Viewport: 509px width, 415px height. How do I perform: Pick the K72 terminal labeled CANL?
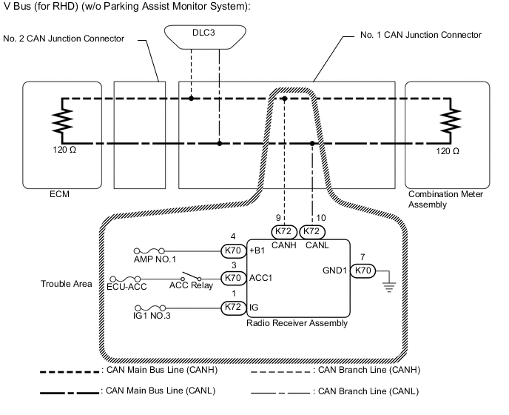(313, 230)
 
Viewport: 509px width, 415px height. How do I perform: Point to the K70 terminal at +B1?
(234, 250)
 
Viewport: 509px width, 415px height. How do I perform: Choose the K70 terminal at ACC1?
(234, 278)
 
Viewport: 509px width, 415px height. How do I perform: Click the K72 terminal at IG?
(234, 305)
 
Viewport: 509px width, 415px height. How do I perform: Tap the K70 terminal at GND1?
(362, 270)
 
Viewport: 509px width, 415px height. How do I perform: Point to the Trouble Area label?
(62, 283)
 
